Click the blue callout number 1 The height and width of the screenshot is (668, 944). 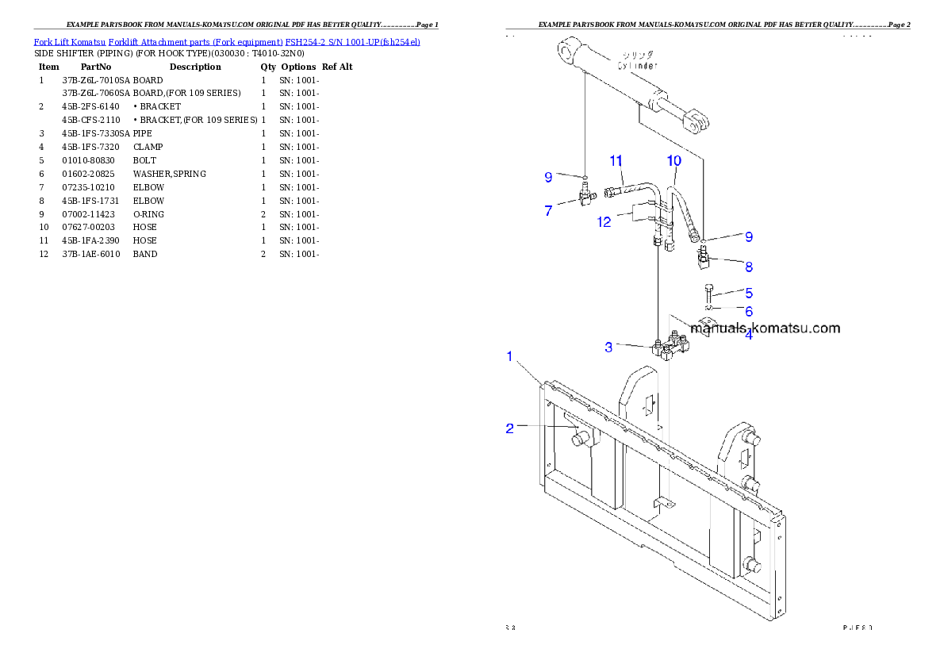pyautogui.click(x=510, y=356)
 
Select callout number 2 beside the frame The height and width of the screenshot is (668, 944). pyautogui.click(x=510, y=428)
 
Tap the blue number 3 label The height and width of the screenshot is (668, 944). pyautogui.click(x=609, y=347)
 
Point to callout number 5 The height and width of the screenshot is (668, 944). pyautogui.click(x=748, y=294)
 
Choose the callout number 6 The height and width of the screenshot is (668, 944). pyautogui.click(x=748, y=312)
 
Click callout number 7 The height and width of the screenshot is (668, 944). pyautogui.click(x=548, y=211)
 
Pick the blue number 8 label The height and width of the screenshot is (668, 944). pyautogui.click(x=748, y=267)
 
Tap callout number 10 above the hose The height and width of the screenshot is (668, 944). pyautogui.click(x=673, y=161)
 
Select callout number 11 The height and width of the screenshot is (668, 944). pyautogui.click(x=616, y=161)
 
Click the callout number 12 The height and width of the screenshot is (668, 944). pyautogui.click(x=604, y=222)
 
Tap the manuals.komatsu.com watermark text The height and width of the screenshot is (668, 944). pyautogui.click(x=765, y=328)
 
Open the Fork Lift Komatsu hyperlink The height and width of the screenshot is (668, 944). pyautogui.click(x=226, y=41)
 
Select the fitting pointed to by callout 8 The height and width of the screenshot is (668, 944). pyautogui.click(x=704, y=259)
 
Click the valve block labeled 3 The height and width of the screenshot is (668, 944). pyautogui.click(x=671, y=345)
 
